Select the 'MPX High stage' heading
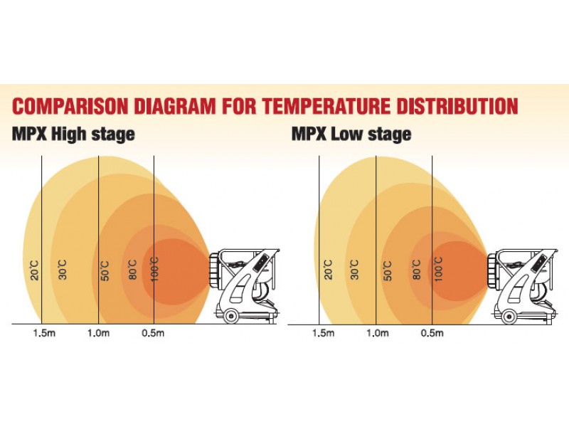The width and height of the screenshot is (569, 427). pyautogui.click(x=73, y=135)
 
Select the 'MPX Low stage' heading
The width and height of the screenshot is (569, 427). pyautogui.click(x=351, y=135)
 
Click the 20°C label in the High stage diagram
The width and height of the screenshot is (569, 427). pyautogui.click(x=34, y=270)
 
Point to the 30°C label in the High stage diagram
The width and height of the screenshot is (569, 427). pyautogui.click(x=63, y=270)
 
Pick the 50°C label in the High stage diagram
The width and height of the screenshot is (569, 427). pyautogui.click(x=105, y=270)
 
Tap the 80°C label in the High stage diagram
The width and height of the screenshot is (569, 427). pyautogui.click(x=132, y=270)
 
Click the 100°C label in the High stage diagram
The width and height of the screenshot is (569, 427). pyautogui.click(x=154, y=269)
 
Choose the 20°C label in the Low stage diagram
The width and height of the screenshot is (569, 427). pyautogui.click(x=328, y=270)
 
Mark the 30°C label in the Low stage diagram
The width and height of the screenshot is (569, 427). pyautogui.click(x=355, y=270)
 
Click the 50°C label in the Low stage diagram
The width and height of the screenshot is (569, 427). pyautogui.click(x=388, y=270)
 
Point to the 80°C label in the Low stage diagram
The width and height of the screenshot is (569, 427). pyautogui.click(x=417, y=270)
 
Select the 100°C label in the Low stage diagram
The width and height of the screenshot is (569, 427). pyautogui.click(x=438, y=269)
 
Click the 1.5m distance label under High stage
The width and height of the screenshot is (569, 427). pyautogui.click(x=44, y=333)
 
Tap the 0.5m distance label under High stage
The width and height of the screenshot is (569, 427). pyautogui.click(x=153, y=333)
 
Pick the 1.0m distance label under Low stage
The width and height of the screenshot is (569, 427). pyautogui.click(x=378, y=333)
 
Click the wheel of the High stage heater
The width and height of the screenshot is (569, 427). pyautogui.click(x=230, y=316)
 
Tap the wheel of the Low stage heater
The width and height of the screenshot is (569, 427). pyautogui.click(x=509, y=317)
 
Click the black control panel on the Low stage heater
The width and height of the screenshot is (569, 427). pyautogui.click(x=539, y=263)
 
